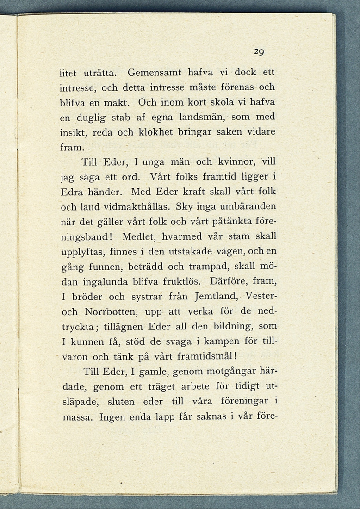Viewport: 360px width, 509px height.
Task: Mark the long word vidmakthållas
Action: tap(137, 206)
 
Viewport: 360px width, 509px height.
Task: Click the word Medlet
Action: tap(139, 236)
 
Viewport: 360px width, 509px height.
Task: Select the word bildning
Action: tap(230, 326)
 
